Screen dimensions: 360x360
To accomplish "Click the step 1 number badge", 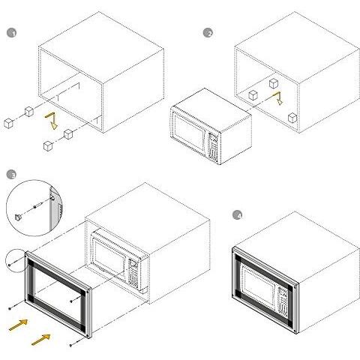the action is [x=11, y=33].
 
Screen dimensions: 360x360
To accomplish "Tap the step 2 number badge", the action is [x=208, y=33].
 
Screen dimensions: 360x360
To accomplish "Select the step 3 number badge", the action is [x=11, y=175].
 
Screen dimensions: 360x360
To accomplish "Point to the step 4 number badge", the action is [x=238, y=215].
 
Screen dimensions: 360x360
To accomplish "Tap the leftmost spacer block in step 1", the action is [x=9, y=124].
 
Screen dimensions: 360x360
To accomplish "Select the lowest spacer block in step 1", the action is [x=48, y=146].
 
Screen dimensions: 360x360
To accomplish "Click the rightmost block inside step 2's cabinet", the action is [x=292, y=118].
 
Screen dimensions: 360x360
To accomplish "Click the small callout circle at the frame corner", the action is [x=15, y=260].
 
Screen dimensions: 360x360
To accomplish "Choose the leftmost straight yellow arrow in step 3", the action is [x=19, y=325].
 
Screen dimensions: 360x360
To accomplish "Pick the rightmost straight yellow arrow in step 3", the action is [x=41, y=340].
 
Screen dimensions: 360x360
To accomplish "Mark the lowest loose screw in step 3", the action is [x=74, y=343].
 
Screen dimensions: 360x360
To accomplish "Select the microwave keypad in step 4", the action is [x=282, y=301].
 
